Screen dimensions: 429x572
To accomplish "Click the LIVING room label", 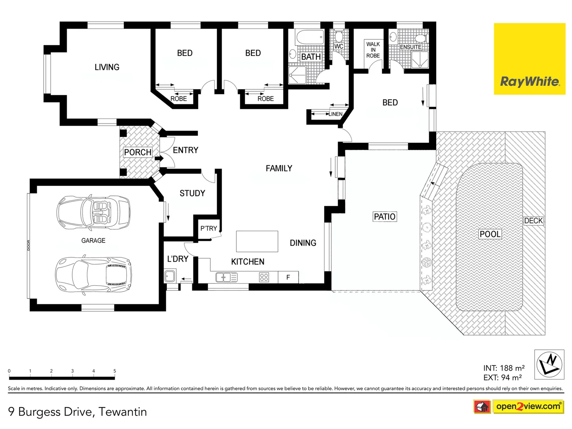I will click(107, 67).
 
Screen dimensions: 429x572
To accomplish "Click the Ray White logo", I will click(529, 59).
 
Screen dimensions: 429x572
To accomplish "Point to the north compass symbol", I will click(549, 364).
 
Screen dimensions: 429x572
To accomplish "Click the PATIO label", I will click(385, 216).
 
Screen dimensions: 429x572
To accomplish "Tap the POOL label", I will click(490, 234).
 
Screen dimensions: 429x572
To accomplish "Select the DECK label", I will click(533, 221).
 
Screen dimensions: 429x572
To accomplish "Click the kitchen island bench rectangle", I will click(257, 241).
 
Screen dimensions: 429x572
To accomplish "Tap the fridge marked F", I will click(288, 277).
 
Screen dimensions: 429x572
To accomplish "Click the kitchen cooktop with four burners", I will click(264, 277).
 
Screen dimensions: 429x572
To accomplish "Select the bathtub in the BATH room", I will click(310, 38).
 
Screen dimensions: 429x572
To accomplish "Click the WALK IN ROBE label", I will click(373, 50).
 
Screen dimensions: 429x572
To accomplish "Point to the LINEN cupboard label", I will click(335, 114).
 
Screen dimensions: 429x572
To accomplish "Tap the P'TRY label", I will click(209, 228).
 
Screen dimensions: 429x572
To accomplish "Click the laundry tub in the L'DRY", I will click(170, 275).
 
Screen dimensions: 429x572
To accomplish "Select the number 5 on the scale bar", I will click(115, 371).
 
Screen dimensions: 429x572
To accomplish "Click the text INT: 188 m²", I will click(504, 368).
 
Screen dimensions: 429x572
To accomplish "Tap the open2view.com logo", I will click(528, 406).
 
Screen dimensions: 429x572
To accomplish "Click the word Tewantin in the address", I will click(123, 412).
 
